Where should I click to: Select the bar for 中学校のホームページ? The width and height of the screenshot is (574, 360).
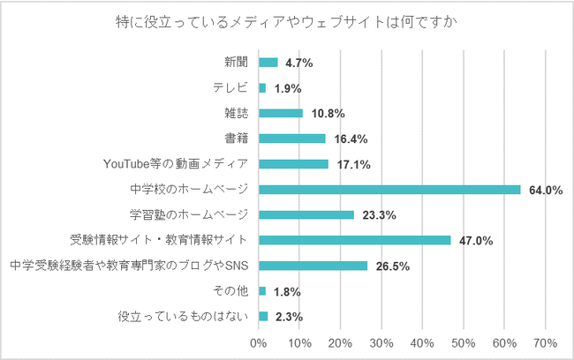pos(389,189)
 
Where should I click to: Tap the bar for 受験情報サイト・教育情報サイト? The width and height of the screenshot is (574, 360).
pos(355,240)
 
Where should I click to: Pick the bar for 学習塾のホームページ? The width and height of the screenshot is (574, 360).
pos(306,214)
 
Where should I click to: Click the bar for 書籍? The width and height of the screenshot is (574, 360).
pos(292,139)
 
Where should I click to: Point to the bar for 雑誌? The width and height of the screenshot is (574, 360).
pos(281,113)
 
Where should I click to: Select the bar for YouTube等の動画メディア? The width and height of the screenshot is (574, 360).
pos(294,164)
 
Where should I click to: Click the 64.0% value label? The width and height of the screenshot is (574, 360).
pos(546,190)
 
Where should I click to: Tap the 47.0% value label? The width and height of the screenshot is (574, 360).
pos(476,240)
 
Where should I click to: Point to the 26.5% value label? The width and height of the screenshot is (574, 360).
pos(392,266)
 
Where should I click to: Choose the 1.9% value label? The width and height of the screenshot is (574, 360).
pos(288,88)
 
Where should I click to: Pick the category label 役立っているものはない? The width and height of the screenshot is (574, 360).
pos(184,316)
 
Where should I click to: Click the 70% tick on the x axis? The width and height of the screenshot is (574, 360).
pos(545,342)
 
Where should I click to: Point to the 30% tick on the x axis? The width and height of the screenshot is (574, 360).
pos(381,342)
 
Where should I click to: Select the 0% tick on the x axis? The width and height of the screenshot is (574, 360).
pos(259,342)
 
